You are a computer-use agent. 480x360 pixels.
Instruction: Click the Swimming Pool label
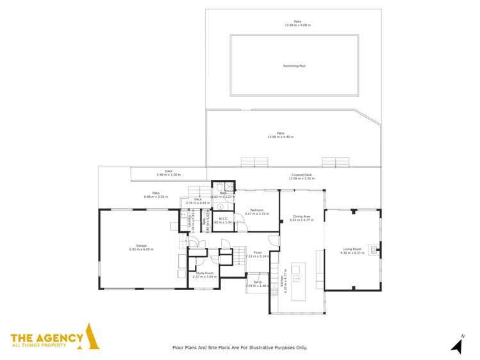(294, 65)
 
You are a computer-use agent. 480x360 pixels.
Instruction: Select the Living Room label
(352, 249)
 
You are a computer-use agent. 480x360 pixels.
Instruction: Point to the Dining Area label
(302, 217)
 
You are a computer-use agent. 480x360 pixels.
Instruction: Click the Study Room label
(205, 274)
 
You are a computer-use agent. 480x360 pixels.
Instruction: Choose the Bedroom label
(257, 209)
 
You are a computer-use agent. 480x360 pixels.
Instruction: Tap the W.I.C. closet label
(224, 218)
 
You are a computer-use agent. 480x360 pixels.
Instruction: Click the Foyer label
(257, 252)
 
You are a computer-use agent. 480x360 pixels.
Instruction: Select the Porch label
(257, 282)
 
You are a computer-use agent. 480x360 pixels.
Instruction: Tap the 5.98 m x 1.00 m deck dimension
(169, 175)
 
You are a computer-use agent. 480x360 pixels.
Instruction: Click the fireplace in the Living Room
(377, 249)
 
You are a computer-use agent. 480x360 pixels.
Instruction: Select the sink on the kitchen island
(297, 279)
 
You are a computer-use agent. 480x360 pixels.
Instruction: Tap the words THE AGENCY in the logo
(47, 338)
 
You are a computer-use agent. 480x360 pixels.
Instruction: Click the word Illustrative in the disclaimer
(258, 348)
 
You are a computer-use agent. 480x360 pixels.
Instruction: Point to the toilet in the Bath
(220, 207)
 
